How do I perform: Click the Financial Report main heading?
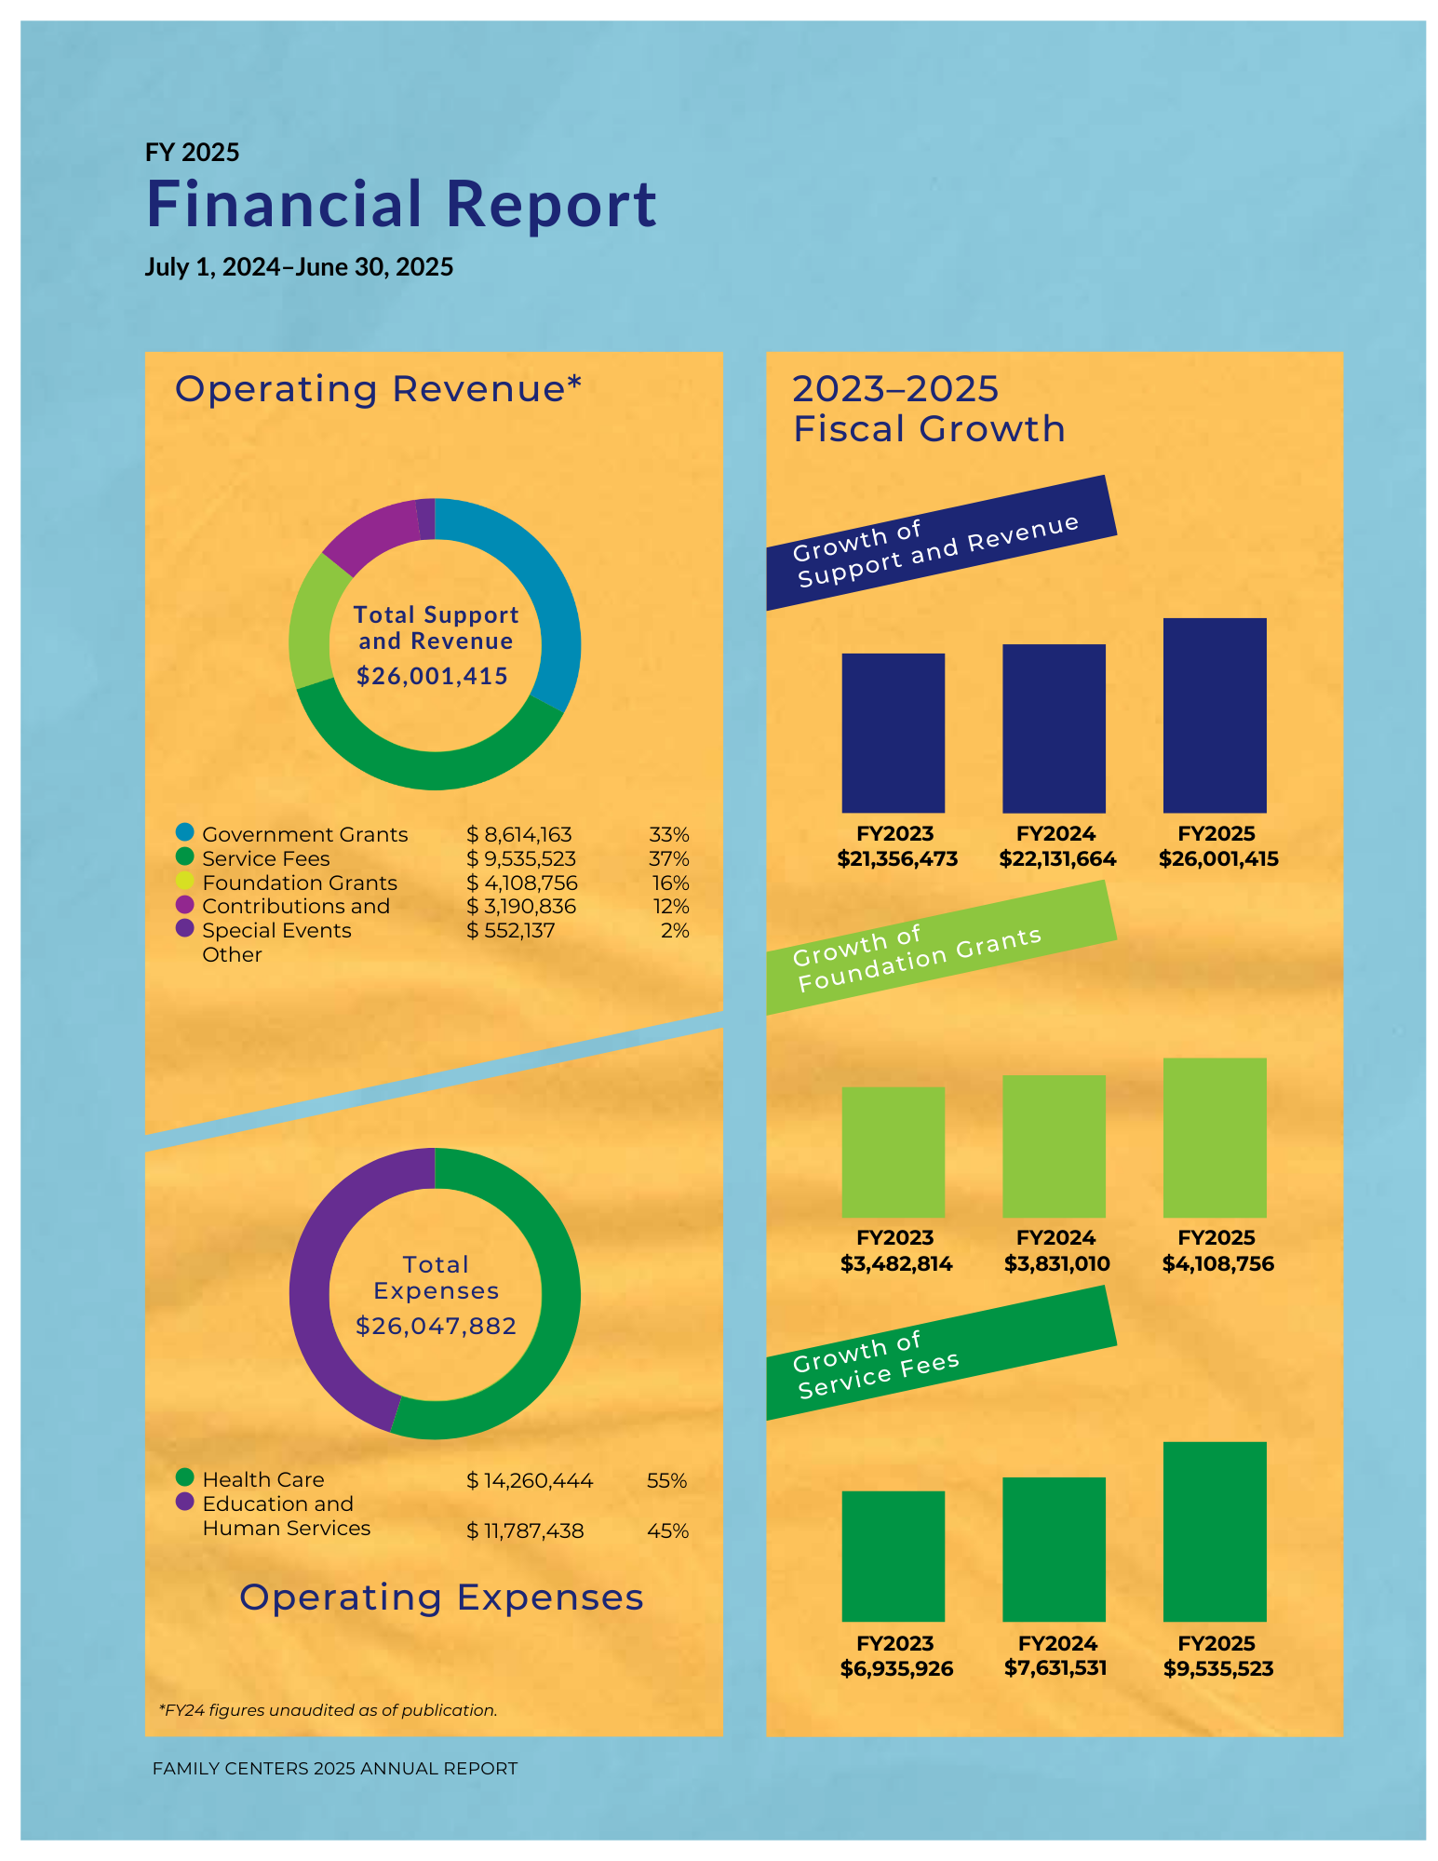(401, 204)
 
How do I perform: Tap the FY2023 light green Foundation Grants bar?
(893, 1152)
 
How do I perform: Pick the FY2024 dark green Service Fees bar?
(1054, 1549)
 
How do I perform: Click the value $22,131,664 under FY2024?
(1056, 859)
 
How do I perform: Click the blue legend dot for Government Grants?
(185, 831)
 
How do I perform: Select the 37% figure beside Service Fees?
(668, 858)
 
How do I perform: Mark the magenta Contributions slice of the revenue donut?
(368, 535)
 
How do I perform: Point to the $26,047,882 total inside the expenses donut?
(436, 1326)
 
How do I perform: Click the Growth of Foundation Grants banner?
(940, 948)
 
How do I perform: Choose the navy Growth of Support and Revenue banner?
(940, 543)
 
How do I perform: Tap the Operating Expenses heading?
(441, 1598)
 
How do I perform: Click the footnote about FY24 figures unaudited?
(329, 1710)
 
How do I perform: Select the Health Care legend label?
(263, 1479)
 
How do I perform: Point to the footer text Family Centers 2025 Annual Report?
(335, 1768)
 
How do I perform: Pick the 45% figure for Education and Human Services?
(667, 1531)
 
